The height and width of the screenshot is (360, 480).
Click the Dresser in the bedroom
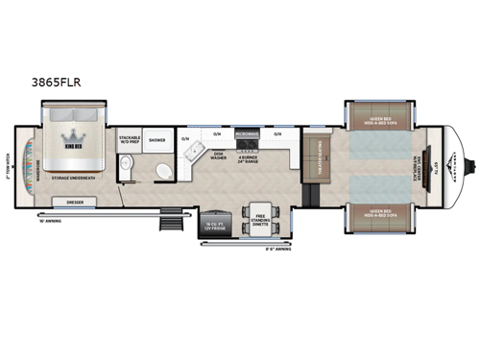tap(75, 203)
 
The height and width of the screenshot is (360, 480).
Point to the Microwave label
tap(246, 134)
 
